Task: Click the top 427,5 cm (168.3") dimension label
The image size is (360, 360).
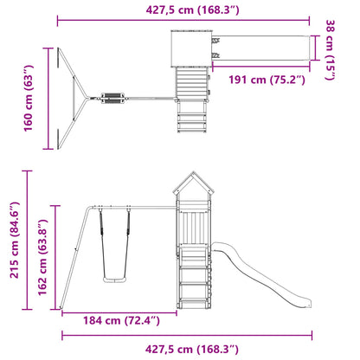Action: (x=192, y=10)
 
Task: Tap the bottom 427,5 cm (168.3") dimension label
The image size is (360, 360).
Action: (x=192, y=349)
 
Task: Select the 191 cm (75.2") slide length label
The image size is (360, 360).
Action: (x=267, y=80)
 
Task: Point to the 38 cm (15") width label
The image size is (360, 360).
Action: (x=331, y=49)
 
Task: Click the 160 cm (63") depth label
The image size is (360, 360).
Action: (x=29, y=98)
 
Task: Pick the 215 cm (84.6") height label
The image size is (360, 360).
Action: (x=15, y=240)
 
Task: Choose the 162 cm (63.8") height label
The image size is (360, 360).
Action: (x=42, y=257)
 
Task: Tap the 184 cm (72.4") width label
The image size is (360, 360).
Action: (x=121, y=320)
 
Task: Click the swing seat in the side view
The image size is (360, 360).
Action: (x=114, y=280)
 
